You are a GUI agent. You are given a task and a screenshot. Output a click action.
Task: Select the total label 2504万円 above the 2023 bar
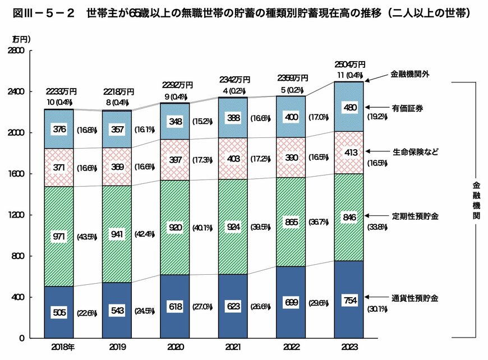pyautogui.click(x=349, y=64)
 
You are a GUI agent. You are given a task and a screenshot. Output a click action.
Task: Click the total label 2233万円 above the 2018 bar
pyautogui.click(x=61, y=92)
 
